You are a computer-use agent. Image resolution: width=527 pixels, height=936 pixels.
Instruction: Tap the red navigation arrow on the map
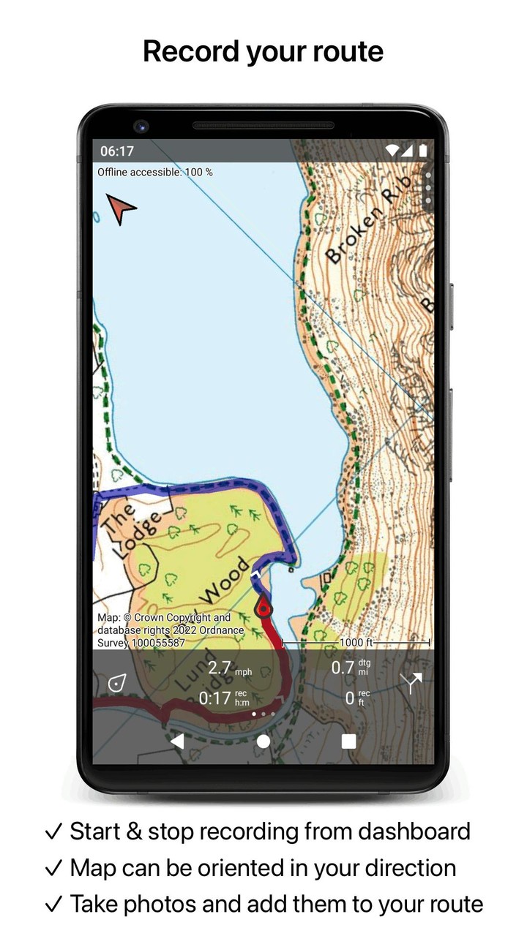pyautogui.click(x=121, y=208)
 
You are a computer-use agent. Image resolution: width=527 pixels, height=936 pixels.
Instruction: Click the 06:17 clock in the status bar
pyautogui.click(x=117, y=151)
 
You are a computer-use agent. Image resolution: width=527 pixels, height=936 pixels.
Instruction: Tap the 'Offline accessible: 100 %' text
pyautogui.click(x=155, y=173)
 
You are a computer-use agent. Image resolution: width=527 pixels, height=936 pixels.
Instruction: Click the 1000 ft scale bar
pyautogui.click(x=356, y=643)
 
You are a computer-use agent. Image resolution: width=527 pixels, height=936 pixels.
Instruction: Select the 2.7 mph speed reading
pyautogui.click(x=229, y=668)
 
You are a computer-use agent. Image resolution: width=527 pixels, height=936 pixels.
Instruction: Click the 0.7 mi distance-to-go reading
pyautogui.click(x=350, y=668)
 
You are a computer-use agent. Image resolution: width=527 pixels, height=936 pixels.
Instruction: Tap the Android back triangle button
pyautogui.click(x=177, y=741)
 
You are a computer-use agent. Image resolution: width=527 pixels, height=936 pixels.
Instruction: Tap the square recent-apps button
pyautogui.click(x=348, y=741)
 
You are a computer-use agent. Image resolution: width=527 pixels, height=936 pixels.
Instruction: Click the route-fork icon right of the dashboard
pyautogui.click(x=411, y=683)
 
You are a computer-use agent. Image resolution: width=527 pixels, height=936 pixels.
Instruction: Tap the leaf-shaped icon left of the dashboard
pyautogui.click(x=115, y=684)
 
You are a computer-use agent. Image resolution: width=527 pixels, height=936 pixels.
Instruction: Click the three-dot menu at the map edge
pyautogui.click(x=428, y=187)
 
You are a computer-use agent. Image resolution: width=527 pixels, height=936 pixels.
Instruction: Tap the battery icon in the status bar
pyautogui.click(x=422, y=151)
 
